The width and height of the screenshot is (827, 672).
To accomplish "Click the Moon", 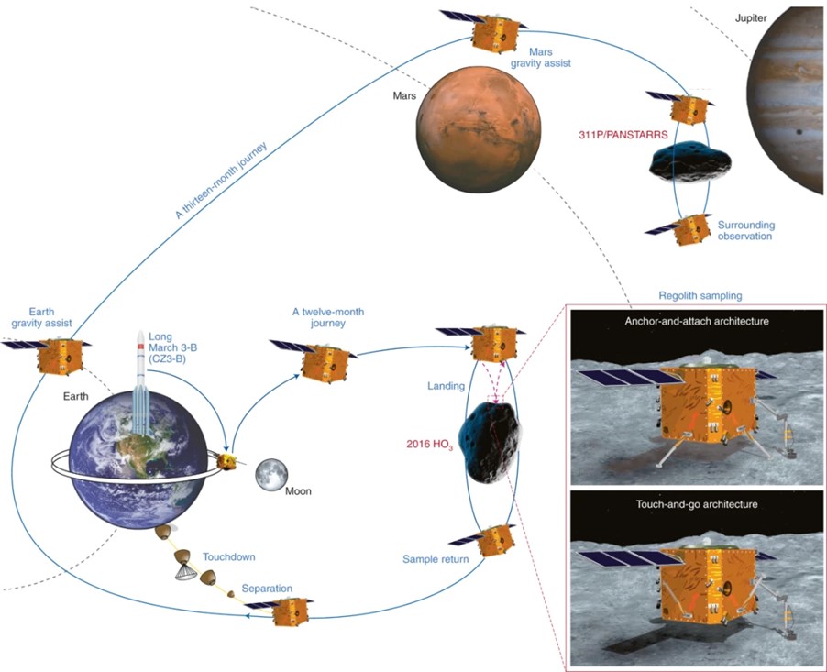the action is click(x=271, y=475).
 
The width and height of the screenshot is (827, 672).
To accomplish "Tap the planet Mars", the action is click(x=478, y=129).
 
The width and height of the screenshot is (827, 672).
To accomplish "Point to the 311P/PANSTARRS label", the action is click(x=623, y=135).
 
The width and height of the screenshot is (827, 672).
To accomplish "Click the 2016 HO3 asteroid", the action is click(x=491, y=442).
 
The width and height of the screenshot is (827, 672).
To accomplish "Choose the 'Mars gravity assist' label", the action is click(x=541, y=58).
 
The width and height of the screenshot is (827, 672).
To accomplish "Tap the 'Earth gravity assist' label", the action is click(x=41, y=317).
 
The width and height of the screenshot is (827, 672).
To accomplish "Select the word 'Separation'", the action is click(x=267, y=589).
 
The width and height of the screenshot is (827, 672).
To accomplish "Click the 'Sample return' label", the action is click(x=436, y=559).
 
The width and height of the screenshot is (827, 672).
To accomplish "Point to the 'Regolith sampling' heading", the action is click(x=700, y=295).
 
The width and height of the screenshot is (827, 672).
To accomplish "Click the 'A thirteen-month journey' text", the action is click(x=222, y=180).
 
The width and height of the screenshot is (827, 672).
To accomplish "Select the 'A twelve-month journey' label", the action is click(x=328, y=317).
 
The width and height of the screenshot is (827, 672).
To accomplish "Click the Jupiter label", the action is click(x=751, y=18).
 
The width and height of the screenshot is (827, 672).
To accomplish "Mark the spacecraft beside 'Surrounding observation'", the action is click(x=678, y=230).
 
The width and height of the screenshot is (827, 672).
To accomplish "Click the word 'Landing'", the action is click(x=446, y=386).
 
